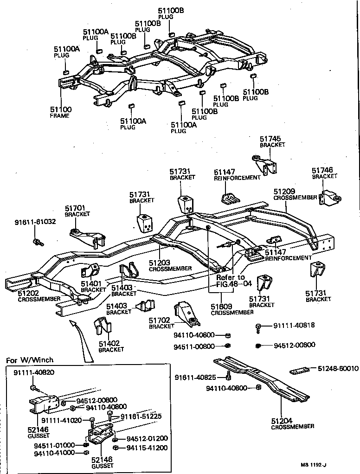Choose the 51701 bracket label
coord(77,211)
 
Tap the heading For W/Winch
coord(30,359)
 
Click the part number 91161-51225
coord(141,416)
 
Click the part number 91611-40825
coord(196,378)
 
